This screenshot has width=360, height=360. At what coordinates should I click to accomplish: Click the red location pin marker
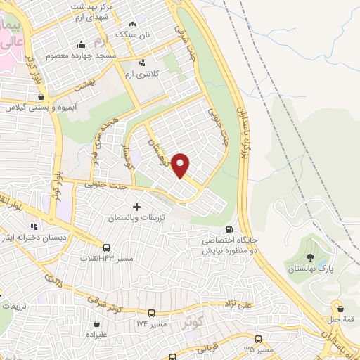click(181, 165)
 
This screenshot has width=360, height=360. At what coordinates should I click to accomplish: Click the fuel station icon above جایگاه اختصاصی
click(230, 230)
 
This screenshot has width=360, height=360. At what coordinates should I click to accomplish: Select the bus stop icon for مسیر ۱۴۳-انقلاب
click(106, 247)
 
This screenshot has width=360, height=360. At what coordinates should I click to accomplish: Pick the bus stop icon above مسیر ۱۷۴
click(151, 312)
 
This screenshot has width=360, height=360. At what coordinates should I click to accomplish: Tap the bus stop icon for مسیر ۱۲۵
click(258, 337)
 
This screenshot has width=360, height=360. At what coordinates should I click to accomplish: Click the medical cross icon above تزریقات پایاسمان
click(136, 207)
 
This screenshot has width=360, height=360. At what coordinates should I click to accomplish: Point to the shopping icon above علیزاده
click(96, 324)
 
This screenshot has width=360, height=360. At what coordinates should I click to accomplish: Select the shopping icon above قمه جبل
click(341, 308)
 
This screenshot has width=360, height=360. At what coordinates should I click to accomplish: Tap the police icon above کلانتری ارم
click(146, 62)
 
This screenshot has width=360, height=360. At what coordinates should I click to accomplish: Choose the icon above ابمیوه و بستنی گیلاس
click(41, 97)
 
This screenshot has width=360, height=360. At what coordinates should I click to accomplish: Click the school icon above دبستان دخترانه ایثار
click(33, 226)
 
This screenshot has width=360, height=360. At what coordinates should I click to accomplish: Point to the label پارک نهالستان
click(309, 269)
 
